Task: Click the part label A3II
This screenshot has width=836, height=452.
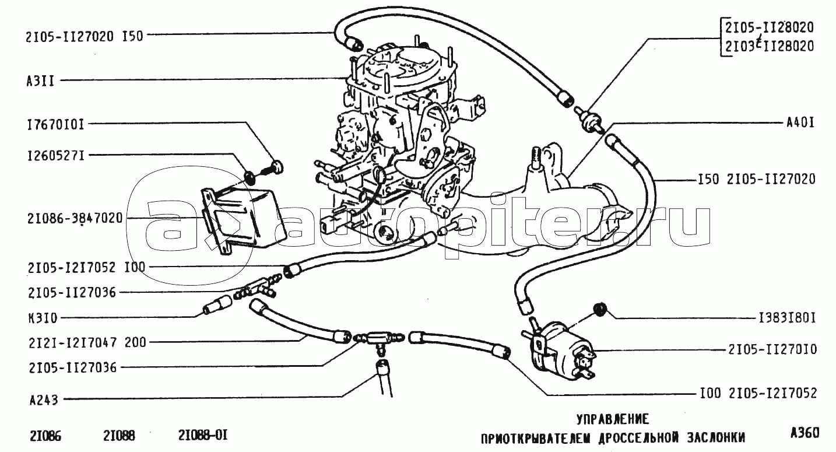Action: pyautogui.click(x=40, y=81)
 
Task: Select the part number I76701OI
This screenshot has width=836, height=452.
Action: pyautogui.click(x=56, y=125)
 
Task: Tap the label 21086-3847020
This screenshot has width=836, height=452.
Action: pyautogui.click(x=75, y=219)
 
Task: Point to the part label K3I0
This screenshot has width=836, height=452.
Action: pyautogui.click(x=43, y=318)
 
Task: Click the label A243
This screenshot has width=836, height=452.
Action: pyautogui.click(x=44, y=401)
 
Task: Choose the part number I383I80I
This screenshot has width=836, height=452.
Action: pyautogui.click(x=787, y=318)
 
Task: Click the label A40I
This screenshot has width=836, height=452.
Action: pyautogui.click(x=800, y=123)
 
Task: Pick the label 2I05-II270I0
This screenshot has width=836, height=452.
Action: pyautogui.click(x=772, y=350)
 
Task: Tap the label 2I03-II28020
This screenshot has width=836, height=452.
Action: pyautogui.click(x=769, y=46)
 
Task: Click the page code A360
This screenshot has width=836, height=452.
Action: pyautogui.click(x=805, y=433)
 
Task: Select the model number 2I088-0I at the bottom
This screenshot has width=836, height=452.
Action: pyautogui.click(x=203, y=435)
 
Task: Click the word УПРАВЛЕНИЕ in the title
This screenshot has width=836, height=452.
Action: pyautogui.click(x=613, y=419)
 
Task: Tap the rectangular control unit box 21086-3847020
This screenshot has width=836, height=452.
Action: pyautogui.click(x=242, y=220)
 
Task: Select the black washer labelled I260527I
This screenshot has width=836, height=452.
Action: pyautogui.click(x=250, y=177)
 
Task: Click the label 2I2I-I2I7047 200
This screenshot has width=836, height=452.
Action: pyautogui.click(x=87, y=342)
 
